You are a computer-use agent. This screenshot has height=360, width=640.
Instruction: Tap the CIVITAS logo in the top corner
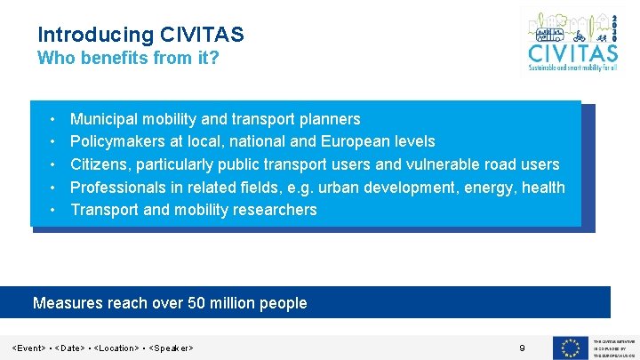[569, 41]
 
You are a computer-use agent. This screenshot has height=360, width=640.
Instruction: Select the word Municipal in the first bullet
[104, 119]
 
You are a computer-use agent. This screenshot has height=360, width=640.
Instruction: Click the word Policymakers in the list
[118, 141]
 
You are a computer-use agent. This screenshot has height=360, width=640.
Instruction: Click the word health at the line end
[544, 187]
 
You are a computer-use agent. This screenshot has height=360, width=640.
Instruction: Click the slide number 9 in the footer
[523, 348]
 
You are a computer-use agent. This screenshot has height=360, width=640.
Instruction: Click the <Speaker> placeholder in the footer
[172, 348]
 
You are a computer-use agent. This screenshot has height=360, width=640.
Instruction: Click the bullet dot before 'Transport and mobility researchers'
[53, 210]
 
